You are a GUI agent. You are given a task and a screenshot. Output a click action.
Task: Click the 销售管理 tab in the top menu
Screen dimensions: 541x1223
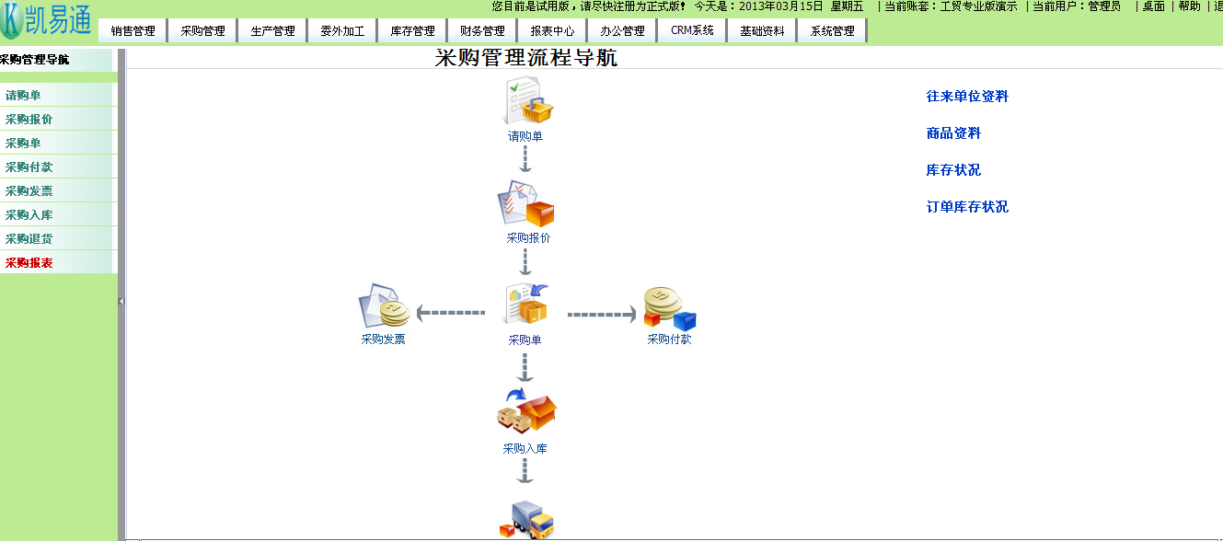133,30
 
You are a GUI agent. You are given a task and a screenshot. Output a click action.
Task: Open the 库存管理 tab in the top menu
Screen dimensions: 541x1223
412,30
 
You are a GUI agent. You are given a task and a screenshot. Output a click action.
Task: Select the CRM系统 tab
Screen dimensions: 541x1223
692,30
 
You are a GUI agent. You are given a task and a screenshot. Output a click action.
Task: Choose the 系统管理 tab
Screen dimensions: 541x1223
832,30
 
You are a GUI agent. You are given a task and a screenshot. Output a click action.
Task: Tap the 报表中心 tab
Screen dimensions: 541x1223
552,30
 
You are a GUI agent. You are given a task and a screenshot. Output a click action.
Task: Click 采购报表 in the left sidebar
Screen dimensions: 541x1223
29,263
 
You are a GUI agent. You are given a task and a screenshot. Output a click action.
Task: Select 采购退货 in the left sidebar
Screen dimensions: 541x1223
29,239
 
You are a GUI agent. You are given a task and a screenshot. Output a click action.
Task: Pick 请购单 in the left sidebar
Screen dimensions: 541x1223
23,96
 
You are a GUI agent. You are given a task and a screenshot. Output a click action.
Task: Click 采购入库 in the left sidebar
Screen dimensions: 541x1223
29,215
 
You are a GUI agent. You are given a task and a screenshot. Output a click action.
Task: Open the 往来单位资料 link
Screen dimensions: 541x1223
967,97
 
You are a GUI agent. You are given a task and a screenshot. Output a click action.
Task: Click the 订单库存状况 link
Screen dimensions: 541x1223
967,207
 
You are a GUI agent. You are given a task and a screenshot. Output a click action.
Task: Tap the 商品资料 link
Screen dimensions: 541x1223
953,133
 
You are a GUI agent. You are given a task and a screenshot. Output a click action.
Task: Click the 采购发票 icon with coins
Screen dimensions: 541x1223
384,306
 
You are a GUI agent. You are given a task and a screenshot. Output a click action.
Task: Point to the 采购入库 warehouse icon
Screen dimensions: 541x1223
526,411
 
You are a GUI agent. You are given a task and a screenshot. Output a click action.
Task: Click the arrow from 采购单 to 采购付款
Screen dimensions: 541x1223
601,315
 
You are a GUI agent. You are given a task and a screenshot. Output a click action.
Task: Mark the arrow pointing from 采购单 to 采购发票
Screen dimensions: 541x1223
450,314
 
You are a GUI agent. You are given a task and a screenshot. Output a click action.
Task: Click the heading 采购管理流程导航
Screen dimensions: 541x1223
526,58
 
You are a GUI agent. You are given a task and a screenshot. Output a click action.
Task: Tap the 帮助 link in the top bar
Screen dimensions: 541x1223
1189,6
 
